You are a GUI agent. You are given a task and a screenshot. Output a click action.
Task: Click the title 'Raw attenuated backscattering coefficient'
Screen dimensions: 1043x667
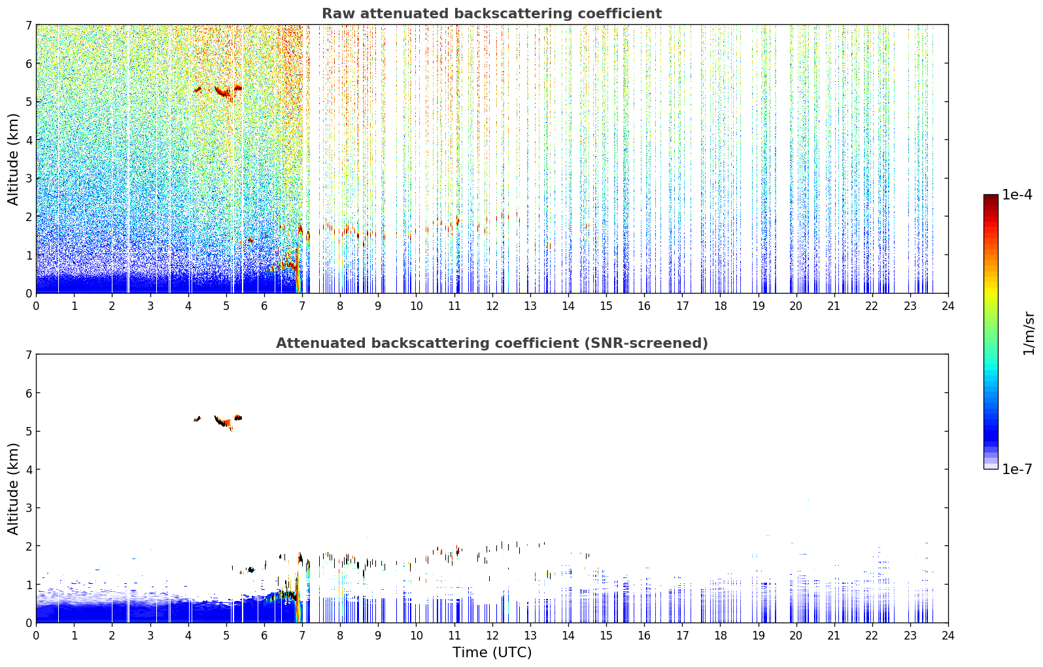492,14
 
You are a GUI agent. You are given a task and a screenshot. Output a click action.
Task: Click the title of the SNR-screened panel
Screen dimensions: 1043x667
492,343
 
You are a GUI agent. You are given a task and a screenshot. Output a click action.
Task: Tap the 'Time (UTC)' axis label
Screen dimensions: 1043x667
492,653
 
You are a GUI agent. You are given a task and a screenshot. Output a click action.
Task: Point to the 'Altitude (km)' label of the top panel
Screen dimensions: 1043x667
13,160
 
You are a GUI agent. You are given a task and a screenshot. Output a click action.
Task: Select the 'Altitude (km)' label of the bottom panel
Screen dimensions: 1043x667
13,488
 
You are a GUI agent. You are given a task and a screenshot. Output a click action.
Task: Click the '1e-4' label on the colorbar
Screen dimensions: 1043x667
1017,195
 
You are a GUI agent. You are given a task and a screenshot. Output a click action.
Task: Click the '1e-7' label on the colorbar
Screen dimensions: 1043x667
1017,470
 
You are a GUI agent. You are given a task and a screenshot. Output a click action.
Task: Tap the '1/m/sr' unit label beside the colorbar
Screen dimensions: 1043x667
1029,334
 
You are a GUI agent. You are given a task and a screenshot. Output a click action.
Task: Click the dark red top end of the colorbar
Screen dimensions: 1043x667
991,196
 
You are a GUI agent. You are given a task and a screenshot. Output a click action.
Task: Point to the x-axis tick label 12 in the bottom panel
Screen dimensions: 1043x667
492,636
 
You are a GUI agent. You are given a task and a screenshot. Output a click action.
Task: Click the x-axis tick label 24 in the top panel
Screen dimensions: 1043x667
948,306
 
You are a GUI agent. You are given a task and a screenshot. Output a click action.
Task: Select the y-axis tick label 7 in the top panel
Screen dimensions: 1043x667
28,25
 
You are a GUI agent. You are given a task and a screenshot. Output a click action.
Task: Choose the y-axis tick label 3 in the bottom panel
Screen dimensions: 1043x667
28,507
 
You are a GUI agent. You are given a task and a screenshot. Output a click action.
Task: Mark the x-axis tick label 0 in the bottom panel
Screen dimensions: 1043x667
37,636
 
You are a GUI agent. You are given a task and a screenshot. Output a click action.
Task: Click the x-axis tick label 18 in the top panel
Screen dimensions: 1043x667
721,306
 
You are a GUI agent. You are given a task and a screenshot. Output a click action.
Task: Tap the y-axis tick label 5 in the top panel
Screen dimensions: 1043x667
28,101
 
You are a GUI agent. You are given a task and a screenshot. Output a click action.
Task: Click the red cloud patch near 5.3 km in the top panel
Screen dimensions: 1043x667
224,92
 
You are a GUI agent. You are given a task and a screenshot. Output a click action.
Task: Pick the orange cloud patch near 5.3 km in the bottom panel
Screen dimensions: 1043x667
226,422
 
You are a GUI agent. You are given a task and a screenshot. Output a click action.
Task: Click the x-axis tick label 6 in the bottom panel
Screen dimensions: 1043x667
264,636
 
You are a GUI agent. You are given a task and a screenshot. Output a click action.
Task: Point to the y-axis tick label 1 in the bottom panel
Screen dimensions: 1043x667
28,585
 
